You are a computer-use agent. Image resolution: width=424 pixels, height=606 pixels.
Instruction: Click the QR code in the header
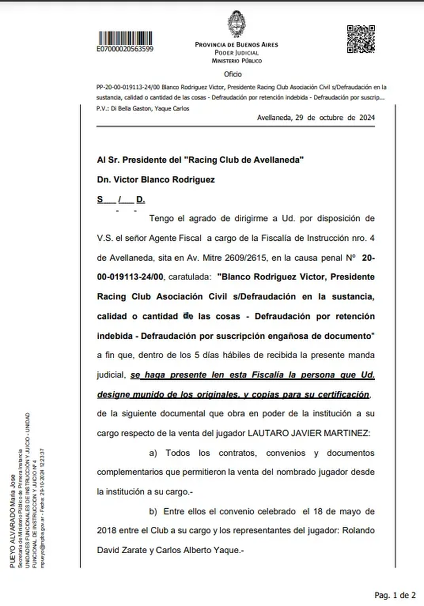click(x=361, y=39)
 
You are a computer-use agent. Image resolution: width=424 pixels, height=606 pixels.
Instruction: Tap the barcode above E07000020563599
click(x=125, y=38)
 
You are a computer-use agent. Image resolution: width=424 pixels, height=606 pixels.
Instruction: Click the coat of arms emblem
click(x=237, y=25)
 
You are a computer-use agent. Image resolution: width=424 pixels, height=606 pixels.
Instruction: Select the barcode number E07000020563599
click(x=125, y=49)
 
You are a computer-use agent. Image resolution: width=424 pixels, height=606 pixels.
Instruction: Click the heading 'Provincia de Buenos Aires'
click(x=237, y=45)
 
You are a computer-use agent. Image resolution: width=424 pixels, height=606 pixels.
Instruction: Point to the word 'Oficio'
click(x=233, y=74)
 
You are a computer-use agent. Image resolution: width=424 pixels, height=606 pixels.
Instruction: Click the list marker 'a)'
click(x=154, y=453)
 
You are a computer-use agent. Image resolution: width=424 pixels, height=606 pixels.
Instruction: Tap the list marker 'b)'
click(x=154, y=511)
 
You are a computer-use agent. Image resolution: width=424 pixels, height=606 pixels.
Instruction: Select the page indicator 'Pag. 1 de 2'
click(x=395, y=595)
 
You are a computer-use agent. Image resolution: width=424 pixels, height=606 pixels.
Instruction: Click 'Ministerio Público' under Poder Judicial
click(x=237, y=61)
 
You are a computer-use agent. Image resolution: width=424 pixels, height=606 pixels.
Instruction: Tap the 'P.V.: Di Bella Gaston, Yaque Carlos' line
click(x=143, y=108)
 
